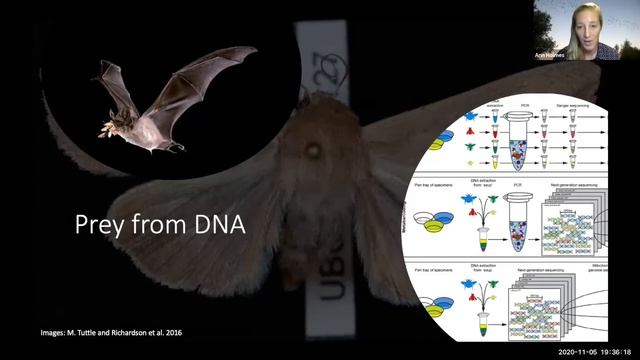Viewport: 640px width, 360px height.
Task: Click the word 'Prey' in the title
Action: (102, 224)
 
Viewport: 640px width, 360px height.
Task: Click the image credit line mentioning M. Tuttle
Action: (116, 331)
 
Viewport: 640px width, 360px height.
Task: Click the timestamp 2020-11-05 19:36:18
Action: (594, 352)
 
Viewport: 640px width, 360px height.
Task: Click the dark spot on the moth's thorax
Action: (314, 151)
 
